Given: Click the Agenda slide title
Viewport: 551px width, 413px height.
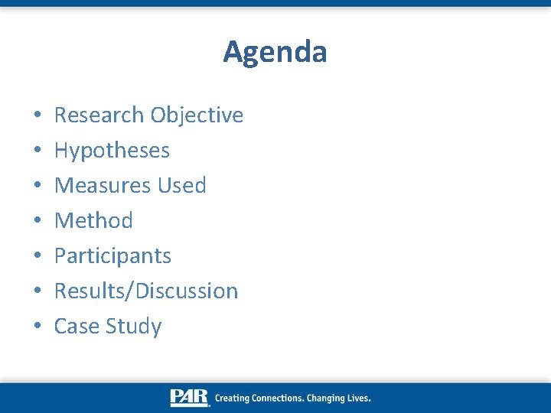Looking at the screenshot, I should click(275, 52).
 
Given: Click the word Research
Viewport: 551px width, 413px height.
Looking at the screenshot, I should click(99, 115).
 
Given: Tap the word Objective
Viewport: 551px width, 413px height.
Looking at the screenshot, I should click(197, 115).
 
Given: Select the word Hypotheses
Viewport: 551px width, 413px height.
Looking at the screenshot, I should click(112, 151).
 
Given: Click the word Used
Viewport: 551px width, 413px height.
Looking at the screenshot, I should click(181, 185).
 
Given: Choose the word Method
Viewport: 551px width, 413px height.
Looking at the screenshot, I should click(93, 220).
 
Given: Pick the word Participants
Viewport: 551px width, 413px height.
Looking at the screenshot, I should click(112, 255).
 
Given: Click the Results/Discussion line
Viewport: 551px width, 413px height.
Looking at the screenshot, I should click(146, 291).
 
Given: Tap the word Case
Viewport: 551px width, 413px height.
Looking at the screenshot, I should click(77, 326).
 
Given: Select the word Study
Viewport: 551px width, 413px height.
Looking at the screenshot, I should click(133, 327).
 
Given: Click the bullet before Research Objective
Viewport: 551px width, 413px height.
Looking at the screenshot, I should click(37, 116).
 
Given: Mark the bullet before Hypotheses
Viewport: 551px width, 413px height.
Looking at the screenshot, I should click(37, 151).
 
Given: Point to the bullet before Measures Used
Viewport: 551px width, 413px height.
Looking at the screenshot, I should click(37, 187).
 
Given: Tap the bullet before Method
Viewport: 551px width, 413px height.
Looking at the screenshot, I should click(37, 222).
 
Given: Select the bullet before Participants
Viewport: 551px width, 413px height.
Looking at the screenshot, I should click(37, 257).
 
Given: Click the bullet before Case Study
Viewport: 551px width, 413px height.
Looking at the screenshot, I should click(37, 327).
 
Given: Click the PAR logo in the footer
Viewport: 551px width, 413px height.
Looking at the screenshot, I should click(189, 398).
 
